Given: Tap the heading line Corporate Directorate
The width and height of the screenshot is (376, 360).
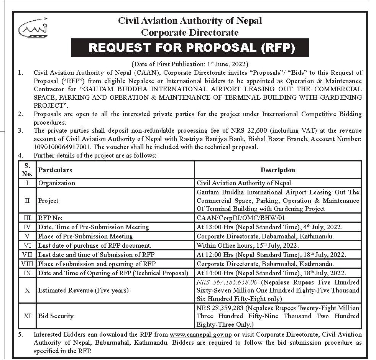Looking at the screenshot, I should [190, 32].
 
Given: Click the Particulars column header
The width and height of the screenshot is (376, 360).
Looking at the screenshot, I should [55, 169].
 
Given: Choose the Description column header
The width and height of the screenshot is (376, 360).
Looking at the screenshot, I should [277, 169].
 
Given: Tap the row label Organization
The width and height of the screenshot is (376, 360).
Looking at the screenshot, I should [57, 183].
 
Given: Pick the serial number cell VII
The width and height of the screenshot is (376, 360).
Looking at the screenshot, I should [27, 255].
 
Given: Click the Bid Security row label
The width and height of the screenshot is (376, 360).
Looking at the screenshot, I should [56, 316].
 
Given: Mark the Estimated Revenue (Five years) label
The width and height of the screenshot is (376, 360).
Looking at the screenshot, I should [83, 290].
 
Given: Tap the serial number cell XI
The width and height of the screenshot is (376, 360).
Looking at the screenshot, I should [27, 316].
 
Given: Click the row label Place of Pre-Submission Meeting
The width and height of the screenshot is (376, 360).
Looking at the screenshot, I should [85, 236].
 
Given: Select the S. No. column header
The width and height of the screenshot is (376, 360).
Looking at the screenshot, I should [27, 169].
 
